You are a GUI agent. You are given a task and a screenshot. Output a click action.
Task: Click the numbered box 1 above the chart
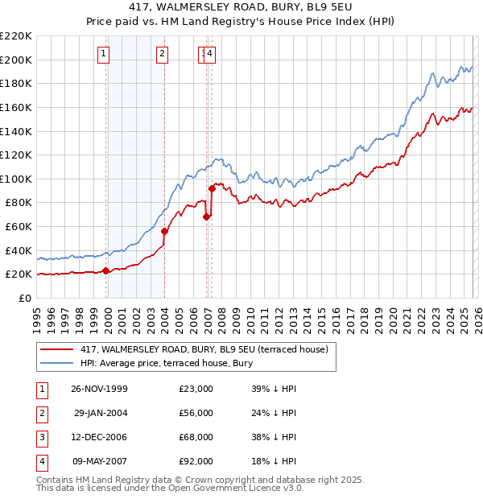coord(105,54)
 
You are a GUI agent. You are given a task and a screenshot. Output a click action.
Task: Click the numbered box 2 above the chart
coord(162,54)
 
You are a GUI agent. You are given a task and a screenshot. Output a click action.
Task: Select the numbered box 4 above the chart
coord(209,54)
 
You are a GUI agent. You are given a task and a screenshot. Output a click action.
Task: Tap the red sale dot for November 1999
coord(106,270)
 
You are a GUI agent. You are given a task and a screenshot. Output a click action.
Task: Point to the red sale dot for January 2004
coord(165,231)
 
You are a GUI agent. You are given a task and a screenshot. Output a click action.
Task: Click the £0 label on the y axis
coord(26,298)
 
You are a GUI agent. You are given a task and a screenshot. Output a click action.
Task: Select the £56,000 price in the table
coord(196,413)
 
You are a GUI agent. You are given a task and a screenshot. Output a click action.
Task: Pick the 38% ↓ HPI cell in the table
coord(274,437)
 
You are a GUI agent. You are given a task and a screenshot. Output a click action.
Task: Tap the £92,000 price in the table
coord(196,461)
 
